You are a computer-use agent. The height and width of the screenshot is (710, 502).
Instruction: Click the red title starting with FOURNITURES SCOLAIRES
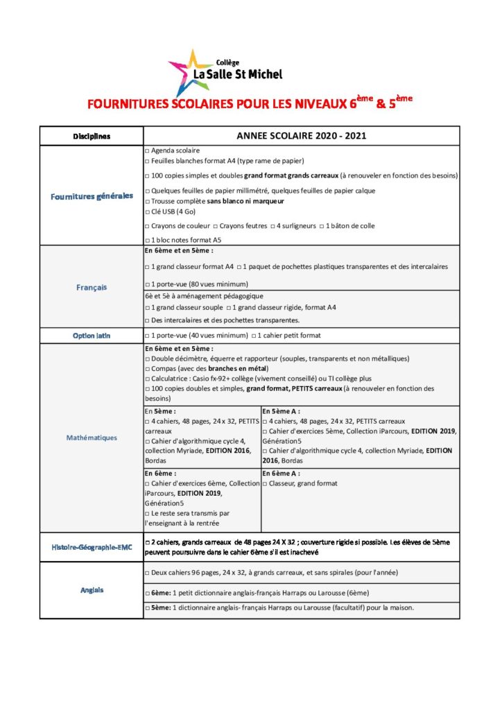250,105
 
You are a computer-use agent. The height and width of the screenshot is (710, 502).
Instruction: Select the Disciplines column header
92,136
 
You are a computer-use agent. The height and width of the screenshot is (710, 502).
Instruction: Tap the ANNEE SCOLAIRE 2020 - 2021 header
301,136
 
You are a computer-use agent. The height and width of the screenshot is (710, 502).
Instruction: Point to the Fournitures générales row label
92,196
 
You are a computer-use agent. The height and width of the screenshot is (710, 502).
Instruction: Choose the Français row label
92,287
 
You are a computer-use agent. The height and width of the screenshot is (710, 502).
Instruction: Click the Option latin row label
92,336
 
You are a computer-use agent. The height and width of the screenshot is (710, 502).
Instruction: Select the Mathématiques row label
92,438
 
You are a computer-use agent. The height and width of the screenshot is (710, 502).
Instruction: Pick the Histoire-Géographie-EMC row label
92,547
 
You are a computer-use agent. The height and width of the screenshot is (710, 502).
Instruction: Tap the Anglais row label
92,590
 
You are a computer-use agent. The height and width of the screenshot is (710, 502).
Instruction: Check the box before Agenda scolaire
146,150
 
